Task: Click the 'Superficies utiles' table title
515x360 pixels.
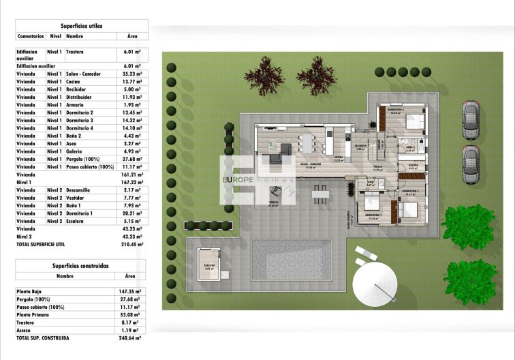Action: (x=81, y=25)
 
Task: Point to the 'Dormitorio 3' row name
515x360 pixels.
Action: (x=80, y=120)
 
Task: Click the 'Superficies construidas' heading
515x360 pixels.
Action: (x=80, y=265)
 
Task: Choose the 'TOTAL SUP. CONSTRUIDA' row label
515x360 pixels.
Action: (x=42, y=338)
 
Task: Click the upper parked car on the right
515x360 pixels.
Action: (x=471, y=119)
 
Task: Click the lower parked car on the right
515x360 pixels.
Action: (x=471, y=164)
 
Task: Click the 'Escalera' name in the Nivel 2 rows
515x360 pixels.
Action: (x=76, y=220)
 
